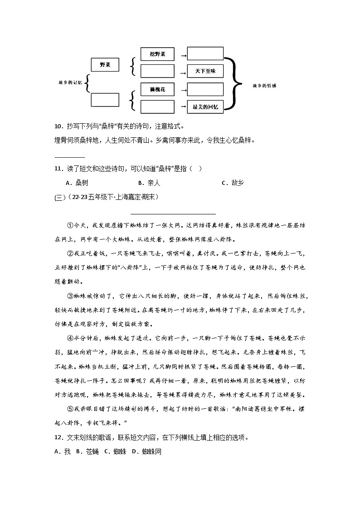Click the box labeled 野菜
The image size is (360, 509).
[105, 65]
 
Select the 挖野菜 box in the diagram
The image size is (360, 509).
[157, 54]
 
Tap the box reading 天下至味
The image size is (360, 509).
[205, 71]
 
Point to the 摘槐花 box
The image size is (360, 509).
[157, 89]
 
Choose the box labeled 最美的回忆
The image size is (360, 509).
[205, 107]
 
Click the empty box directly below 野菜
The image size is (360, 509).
[105, 99]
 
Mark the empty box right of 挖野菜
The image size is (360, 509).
[205, 53]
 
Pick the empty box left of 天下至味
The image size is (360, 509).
[157, 71]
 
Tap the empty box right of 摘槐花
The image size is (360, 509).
[205, 89]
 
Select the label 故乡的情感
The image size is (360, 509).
[264, 86]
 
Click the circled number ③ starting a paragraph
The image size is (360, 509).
[70, 296]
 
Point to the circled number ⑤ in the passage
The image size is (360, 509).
[70, 409]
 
